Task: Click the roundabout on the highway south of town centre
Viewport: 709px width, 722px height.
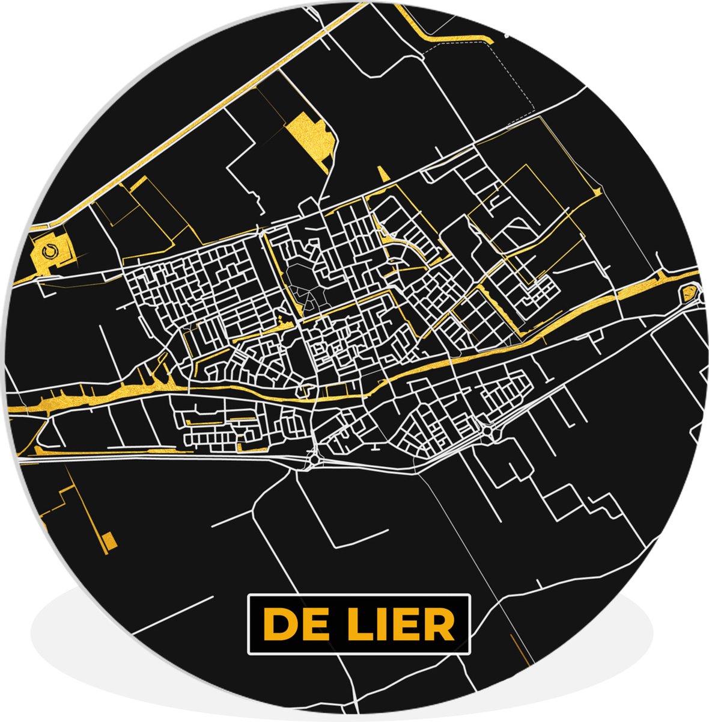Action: pos(314,461)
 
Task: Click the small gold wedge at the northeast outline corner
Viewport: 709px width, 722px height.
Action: pos(597,191)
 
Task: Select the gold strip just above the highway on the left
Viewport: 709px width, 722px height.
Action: pos(120,449)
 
